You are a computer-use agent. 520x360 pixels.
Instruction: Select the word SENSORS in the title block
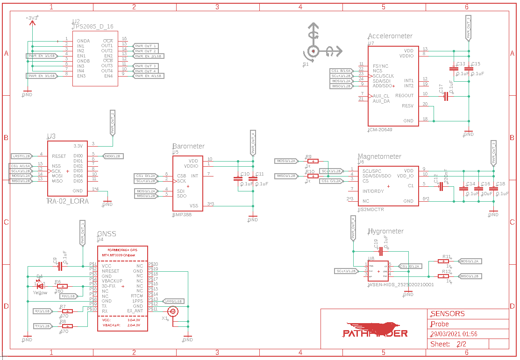point(448,314)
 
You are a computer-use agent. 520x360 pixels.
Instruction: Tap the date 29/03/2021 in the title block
point(447,334)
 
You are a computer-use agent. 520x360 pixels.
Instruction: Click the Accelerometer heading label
point(390,36)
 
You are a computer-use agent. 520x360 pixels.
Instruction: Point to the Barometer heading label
point(188,146)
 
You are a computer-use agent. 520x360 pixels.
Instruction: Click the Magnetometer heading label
point(379,156)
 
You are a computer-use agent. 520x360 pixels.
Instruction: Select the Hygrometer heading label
point(385,231)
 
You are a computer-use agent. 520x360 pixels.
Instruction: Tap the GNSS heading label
point(107,234)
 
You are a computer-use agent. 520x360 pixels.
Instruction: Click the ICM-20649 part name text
point(380,129)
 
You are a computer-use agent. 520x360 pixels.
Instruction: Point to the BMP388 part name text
point(182,215)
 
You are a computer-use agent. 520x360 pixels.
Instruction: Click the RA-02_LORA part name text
point(68,201)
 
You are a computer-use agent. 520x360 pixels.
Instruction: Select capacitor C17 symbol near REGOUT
point(446,96)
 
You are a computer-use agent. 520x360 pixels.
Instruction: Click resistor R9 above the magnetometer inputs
point(313,161)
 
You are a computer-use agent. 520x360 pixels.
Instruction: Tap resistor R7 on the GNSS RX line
point(67,311)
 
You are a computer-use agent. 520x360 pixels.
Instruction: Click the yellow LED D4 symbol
point(40,286)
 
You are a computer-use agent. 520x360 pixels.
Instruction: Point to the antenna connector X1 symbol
point(173,311)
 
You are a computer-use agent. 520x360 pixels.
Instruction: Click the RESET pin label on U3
point(59,156)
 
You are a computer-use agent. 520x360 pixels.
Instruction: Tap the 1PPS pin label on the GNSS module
point(137,301)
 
